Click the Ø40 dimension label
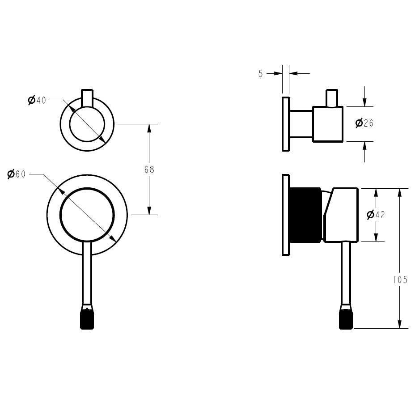point(37,100)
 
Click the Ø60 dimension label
point(17,174)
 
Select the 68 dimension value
point(149,170)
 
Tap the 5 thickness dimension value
point(261,74)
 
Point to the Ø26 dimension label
point(364,123)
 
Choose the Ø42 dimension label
point(376,215)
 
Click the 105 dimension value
point(399,280)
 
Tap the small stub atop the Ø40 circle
point(87,97)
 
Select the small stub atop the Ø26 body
point(331,98)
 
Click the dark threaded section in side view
point(305,215)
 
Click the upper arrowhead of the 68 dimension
point(149,128)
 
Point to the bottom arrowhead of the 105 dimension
point(399,324)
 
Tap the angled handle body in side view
point(342,215)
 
